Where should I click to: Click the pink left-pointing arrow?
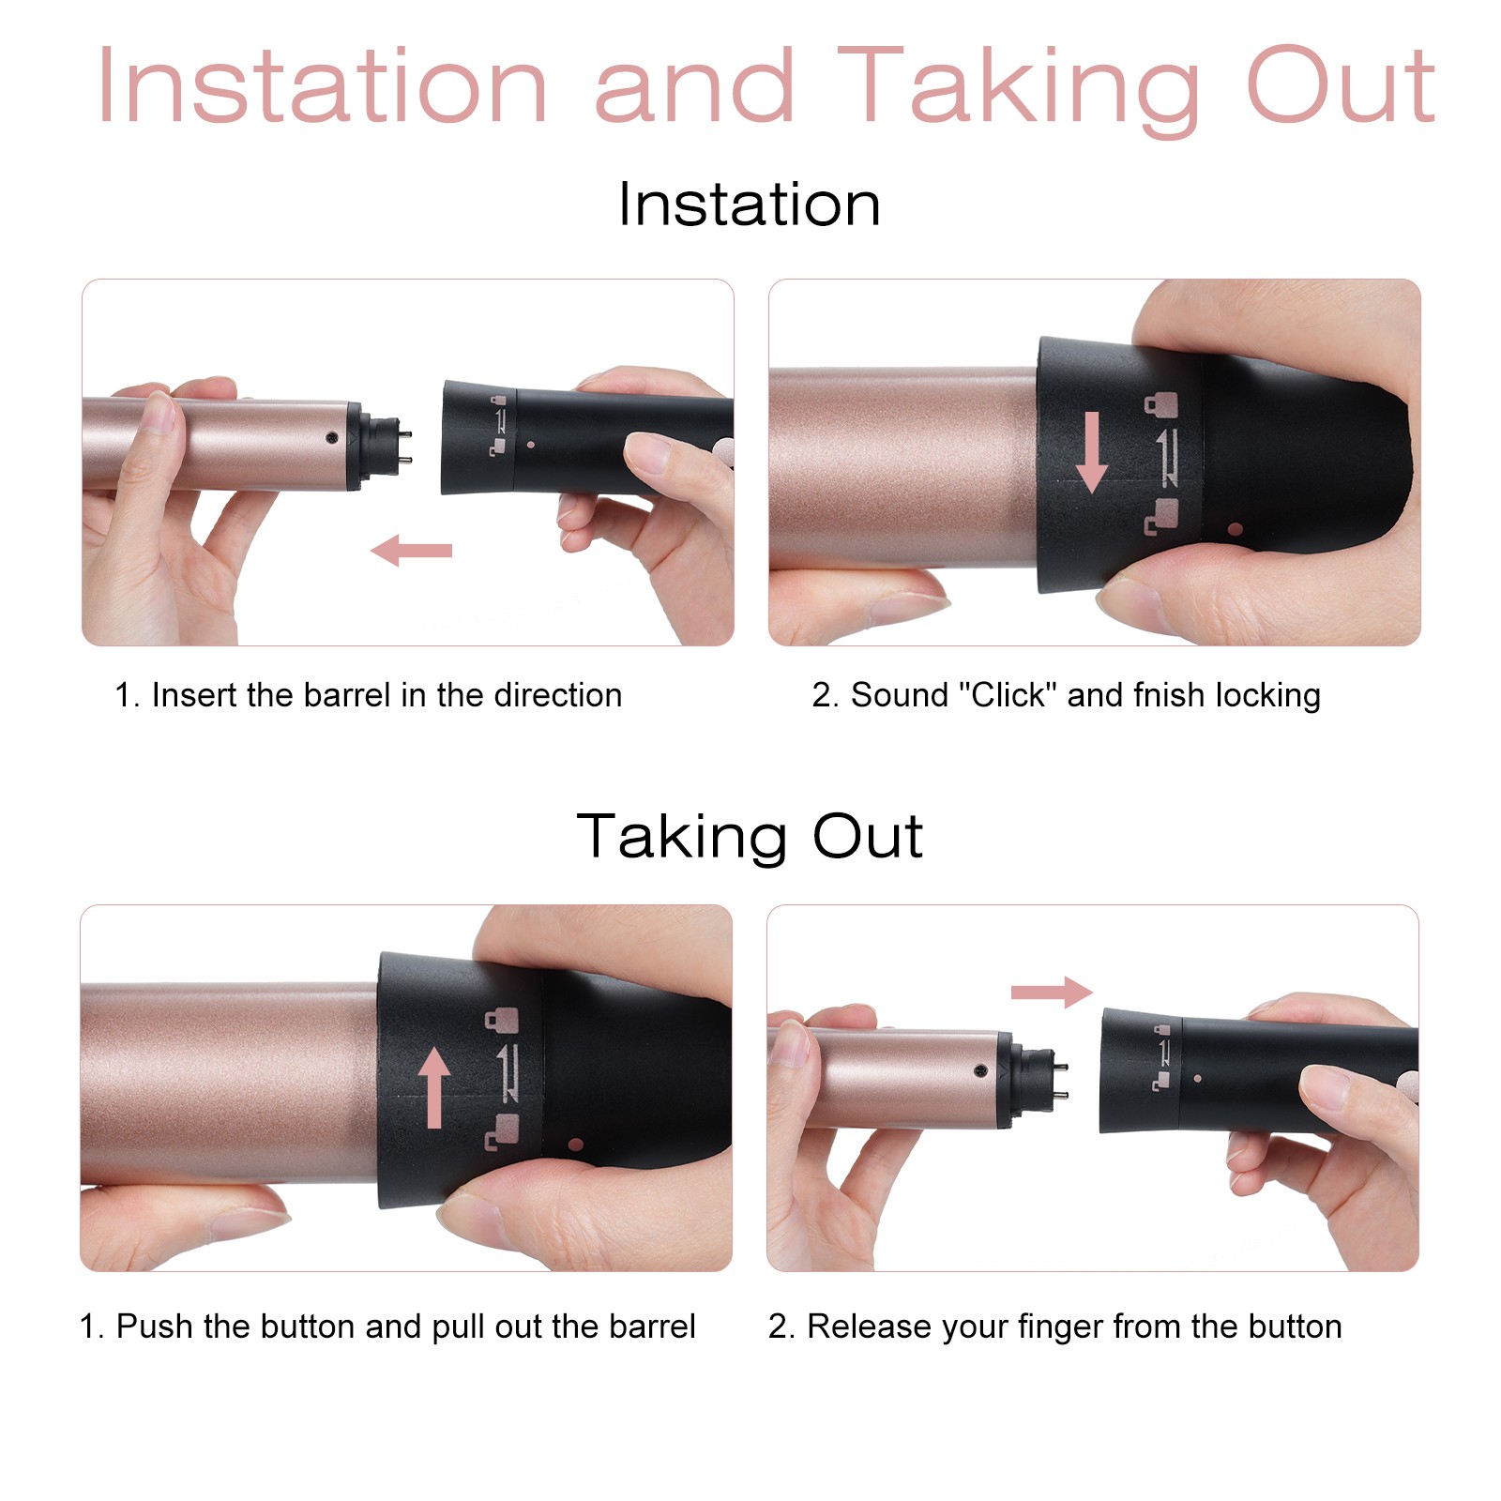(412, 551)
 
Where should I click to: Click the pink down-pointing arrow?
(1091, 452)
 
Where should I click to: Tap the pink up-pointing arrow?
(433, 1087)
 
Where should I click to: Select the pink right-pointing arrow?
(1052, 992)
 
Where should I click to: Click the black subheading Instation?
(750, 205)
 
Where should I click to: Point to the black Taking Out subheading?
(750, 837)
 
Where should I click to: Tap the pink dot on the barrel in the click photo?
(1236, 529)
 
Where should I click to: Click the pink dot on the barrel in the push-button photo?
(576, 1145)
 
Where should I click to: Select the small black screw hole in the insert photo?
(331, 437)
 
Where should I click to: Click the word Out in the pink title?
(1342, 86)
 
